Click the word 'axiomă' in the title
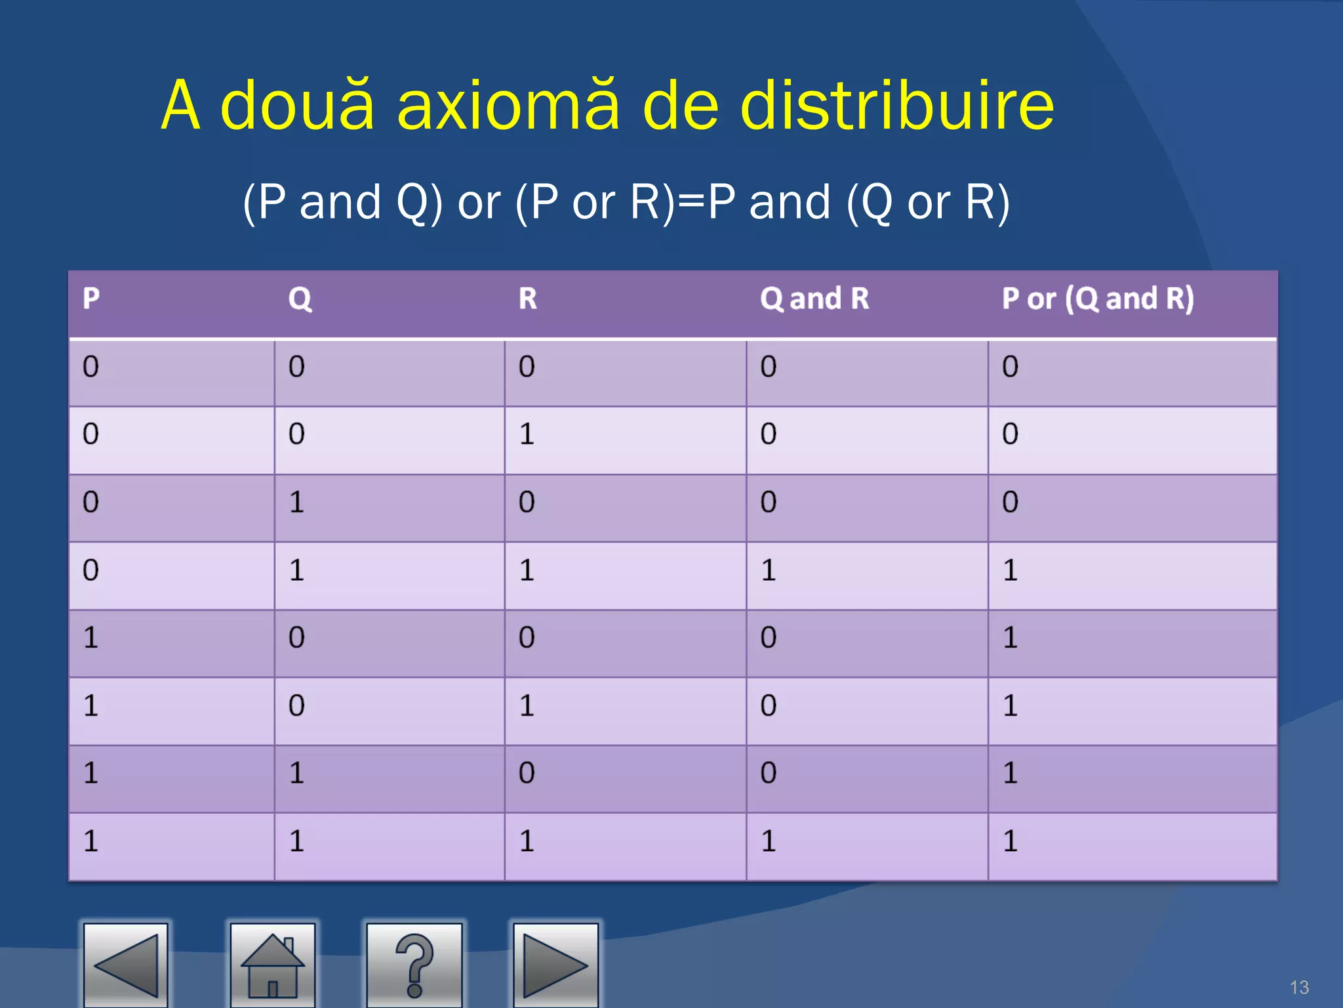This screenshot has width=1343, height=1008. tap(508, 105)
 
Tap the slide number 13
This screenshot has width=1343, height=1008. tap(1298, 987)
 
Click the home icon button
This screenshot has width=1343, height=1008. tap(272, 965)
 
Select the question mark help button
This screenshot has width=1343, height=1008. tap(414, 965)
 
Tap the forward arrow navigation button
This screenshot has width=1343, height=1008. tap(555, 965)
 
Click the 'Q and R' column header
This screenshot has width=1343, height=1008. tap(814, 299)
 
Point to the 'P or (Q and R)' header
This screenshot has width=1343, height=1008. tap(1098, 299)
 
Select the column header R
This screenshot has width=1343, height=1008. tap(528, 299)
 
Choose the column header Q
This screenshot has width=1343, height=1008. tap(300, 299)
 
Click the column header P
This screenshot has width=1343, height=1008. tap(91, 299)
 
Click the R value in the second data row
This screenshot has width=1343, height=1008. tap(527, 434)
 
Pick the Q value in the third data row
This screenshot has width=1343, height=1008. tap(296, 502)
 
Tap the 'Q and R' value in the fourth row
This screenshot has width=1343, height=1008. tap(769, 570)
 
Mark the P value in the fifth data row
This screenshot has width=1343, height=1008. tap(90, 637)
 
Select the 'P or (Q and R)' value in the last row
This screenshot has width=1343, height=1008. tap(1010, 841)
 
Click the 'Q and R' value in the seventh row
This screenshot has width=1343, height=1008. tap(769, 772)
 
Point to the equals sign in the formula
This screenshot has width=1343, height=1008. tap(691, 202)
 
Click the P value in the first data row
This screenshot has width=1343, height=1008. tap(90, 366)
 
